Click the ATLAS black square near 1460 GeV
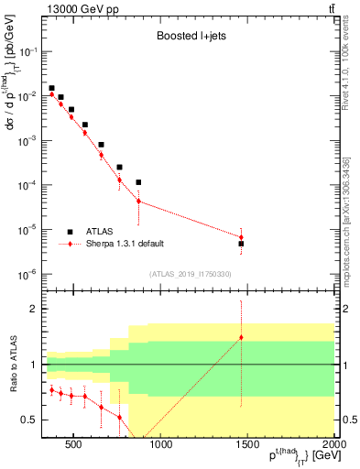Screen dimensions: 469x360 point(241,244)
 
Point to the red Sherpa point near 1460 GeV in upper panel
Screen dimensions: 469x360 point(241,237)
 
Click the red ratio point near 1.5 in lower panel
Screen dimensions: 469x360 point(241,337)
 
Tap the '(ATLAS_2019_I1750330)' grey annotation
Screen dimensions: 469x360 point(190,274)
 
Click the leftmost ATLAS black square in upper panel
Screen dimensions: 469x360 point(51,88)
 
